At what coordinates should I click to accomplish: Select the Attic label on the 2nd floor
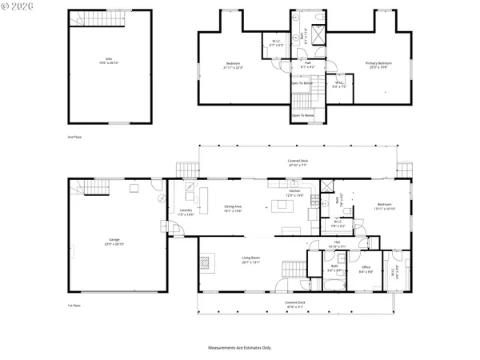(109, 61)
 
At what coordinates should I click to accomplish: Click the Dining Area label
(234, 208)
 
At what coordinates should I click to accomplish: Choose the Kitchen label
(294, 193)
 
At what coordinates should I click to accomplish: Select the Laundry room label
(186, 212)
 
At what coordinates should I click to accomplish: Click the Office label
(366, 268)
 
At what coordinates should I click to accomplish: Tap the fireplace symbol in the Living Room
(205, 261)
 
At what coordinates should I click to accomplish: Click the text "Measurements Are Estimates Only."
(240, 348)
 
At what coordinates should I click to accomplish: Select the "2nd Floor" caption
(74, 137)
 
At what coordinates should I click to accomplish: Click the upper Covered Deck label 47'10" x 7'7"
(298, 163)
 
